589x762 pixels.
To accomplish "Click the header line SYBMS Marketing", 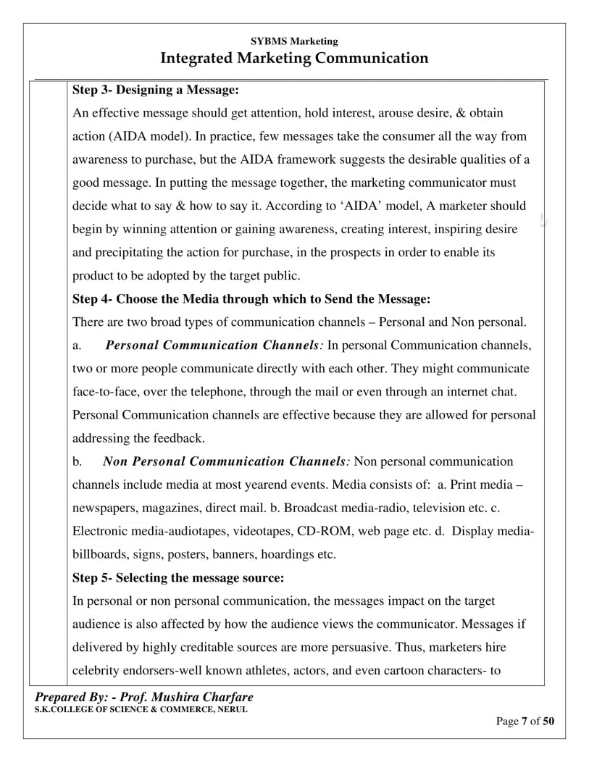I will click(294, 41).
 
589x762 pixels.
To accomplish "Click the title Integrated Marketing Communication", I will click(294, 57).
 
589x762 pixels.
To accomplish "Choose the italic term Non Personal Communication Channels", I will click(227, 461).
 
